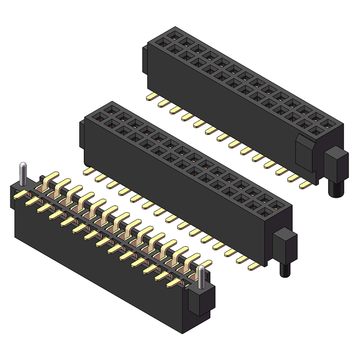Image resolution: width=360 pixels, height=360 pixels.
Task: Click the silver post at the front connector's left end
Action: (x=23, y=174)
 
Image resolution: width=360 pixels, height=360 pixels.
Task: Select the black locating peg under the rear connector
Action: (x=335, y=186)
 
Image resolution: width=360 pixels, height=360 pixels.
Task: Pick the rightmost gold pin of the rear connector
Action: (x=305, y=184)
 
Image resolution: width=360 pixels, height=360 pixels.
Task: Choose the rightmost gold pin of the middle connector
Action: (x=253, y=266)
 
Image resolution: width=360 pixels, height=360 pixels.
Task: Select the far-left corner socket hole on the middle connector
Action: (x=110, y=109)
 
